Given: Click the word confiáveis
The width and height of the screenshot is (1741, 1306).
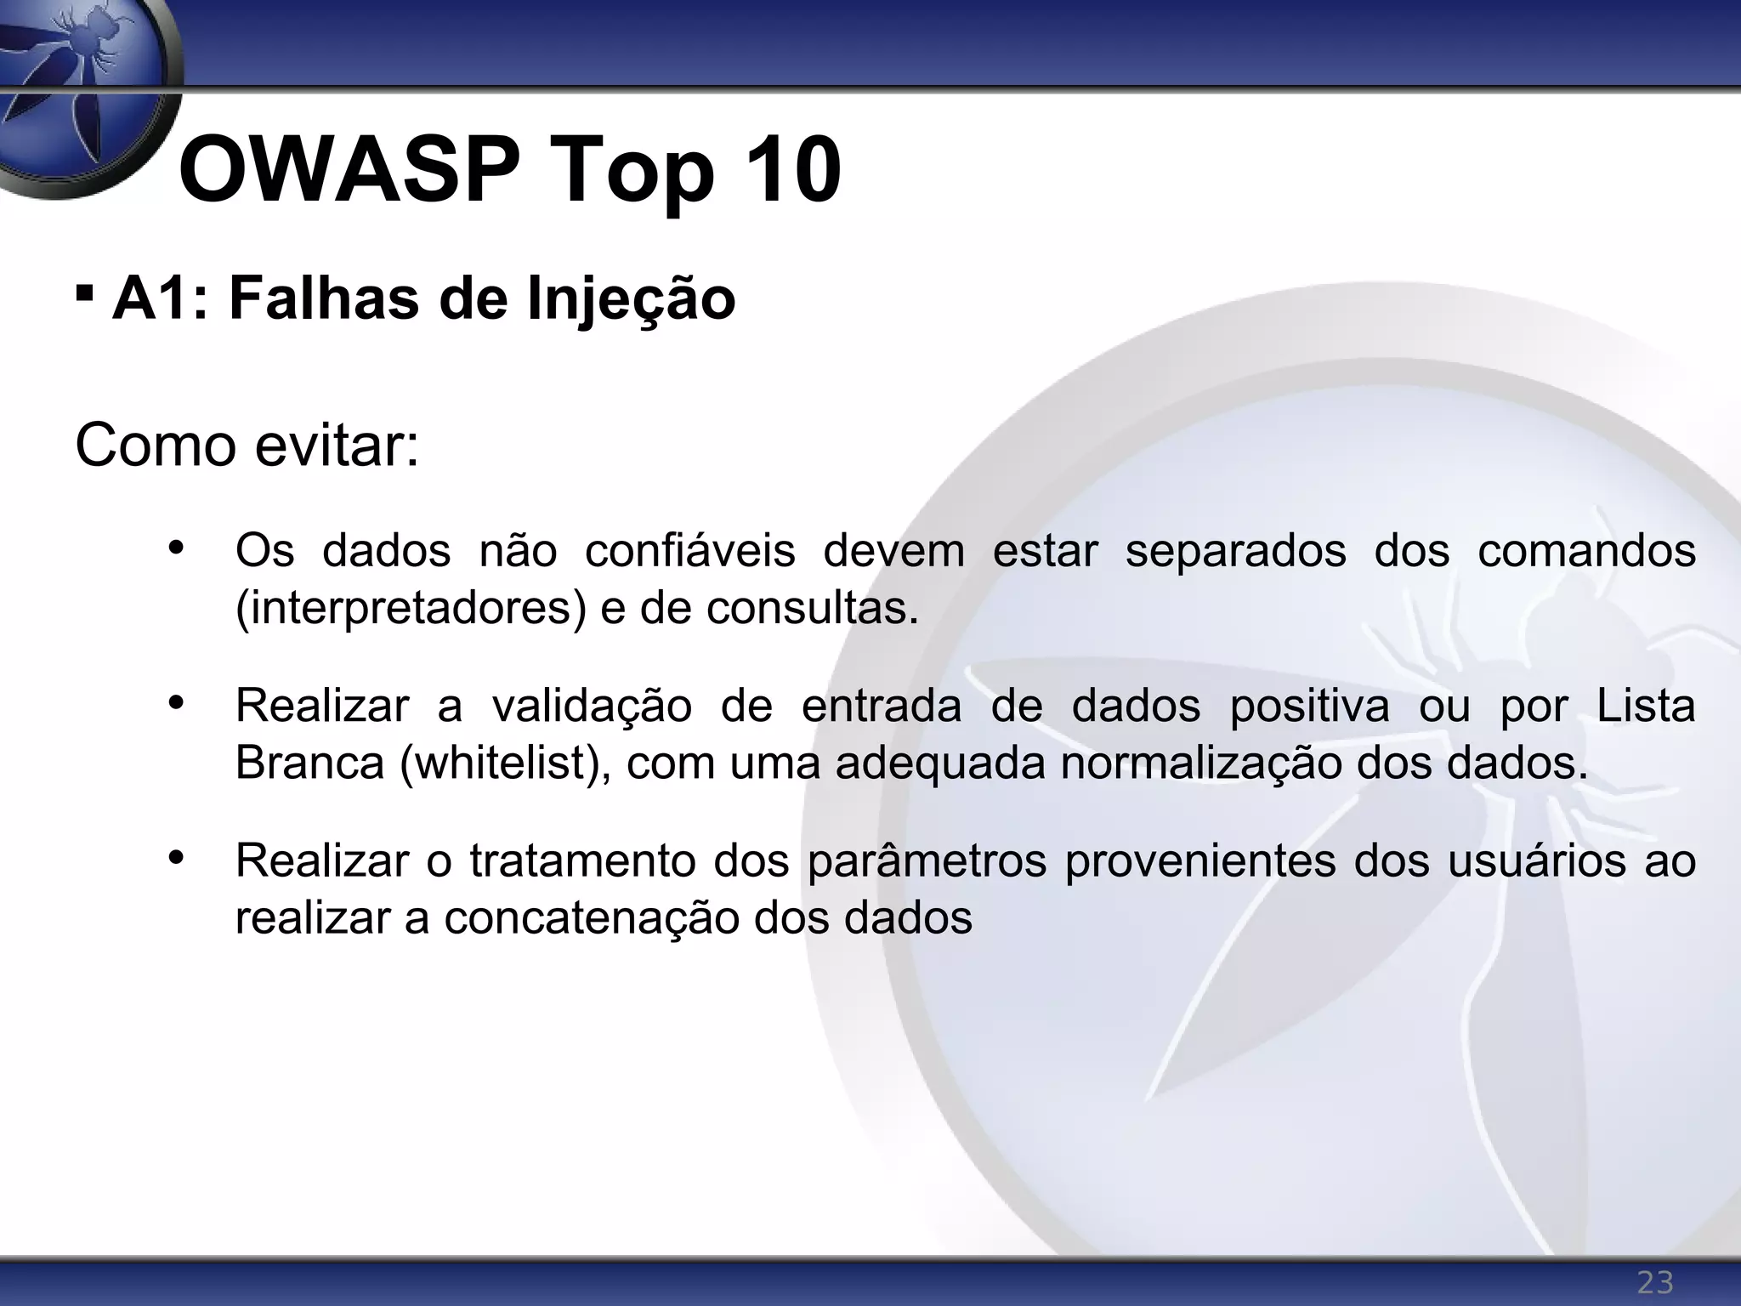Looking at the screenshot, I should point(689,551).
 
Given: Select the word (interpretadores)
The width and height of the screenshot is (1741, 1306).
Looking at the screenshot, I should point(411,609).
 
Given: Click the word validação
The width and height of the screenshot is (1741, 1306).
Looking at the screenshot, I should point(592,707).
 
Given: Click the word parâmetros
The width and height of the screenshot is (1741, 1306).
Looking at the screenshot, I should point(927,861).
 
